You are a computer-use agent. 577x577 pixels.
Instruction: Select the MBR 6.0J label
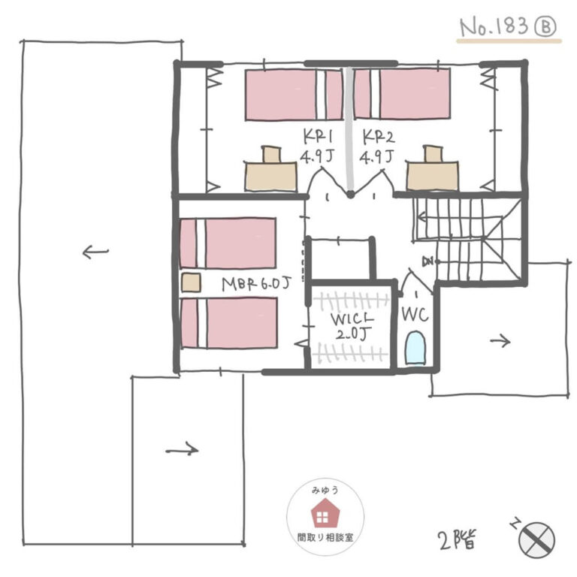click(x=256, y=284)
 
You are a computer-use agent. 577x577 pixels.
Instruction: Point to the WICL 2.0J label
click(x=352, y=326)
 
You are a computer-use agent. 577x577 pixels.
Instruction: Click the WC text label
click(x=415, y=315)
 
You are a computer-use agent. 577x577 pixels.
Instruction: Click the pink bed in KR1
click(x=294, y=95)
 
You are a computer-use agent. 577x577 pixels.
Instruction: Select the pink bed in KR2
click(x=402, y=94)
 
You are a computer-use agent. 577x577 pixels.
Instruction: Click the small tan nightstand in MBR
click(x=191, y=282)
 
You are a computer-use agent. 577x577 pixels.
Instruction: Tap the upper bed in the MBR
click(x=228, y=243)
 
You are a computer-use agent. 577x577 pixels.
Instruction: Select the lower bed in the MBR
click(x=229, y=323)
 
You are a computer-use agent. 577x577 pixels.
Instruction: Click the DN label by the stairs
click(x=428, y=261)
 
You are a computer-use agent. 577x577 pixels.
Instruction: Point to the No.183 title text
click(x=494, y=27)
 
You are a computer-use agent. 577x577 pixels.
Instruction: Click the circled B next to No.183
click(x=545, y=27)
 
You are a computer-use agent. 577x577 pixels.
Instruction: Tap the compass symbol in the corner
click(x=536, y=540)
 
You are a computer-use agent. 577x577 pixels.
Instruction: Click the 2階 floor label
click(x=458, y=540)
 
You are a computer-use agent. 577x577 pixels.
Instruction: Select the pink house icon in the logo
click(x=325, y=512)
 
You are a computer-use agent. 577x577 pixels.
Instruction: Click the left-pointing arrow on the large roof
click(x=95, y=252)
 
